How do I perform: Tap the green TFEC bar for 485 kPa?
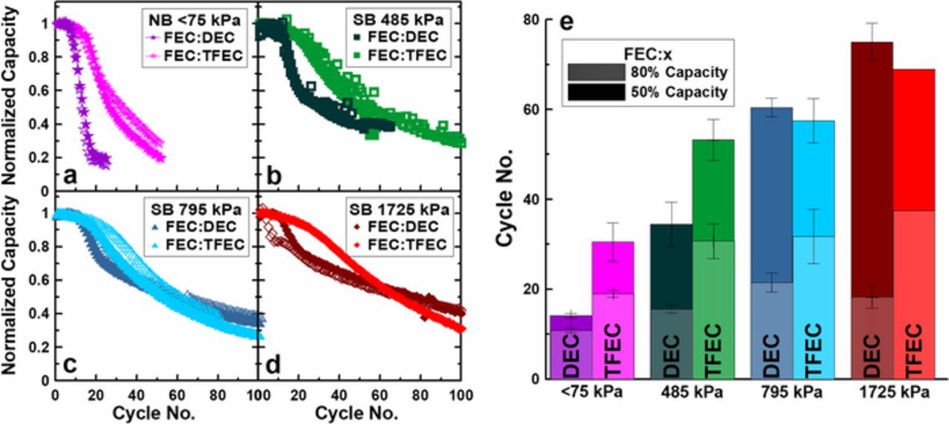[712, 259]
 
